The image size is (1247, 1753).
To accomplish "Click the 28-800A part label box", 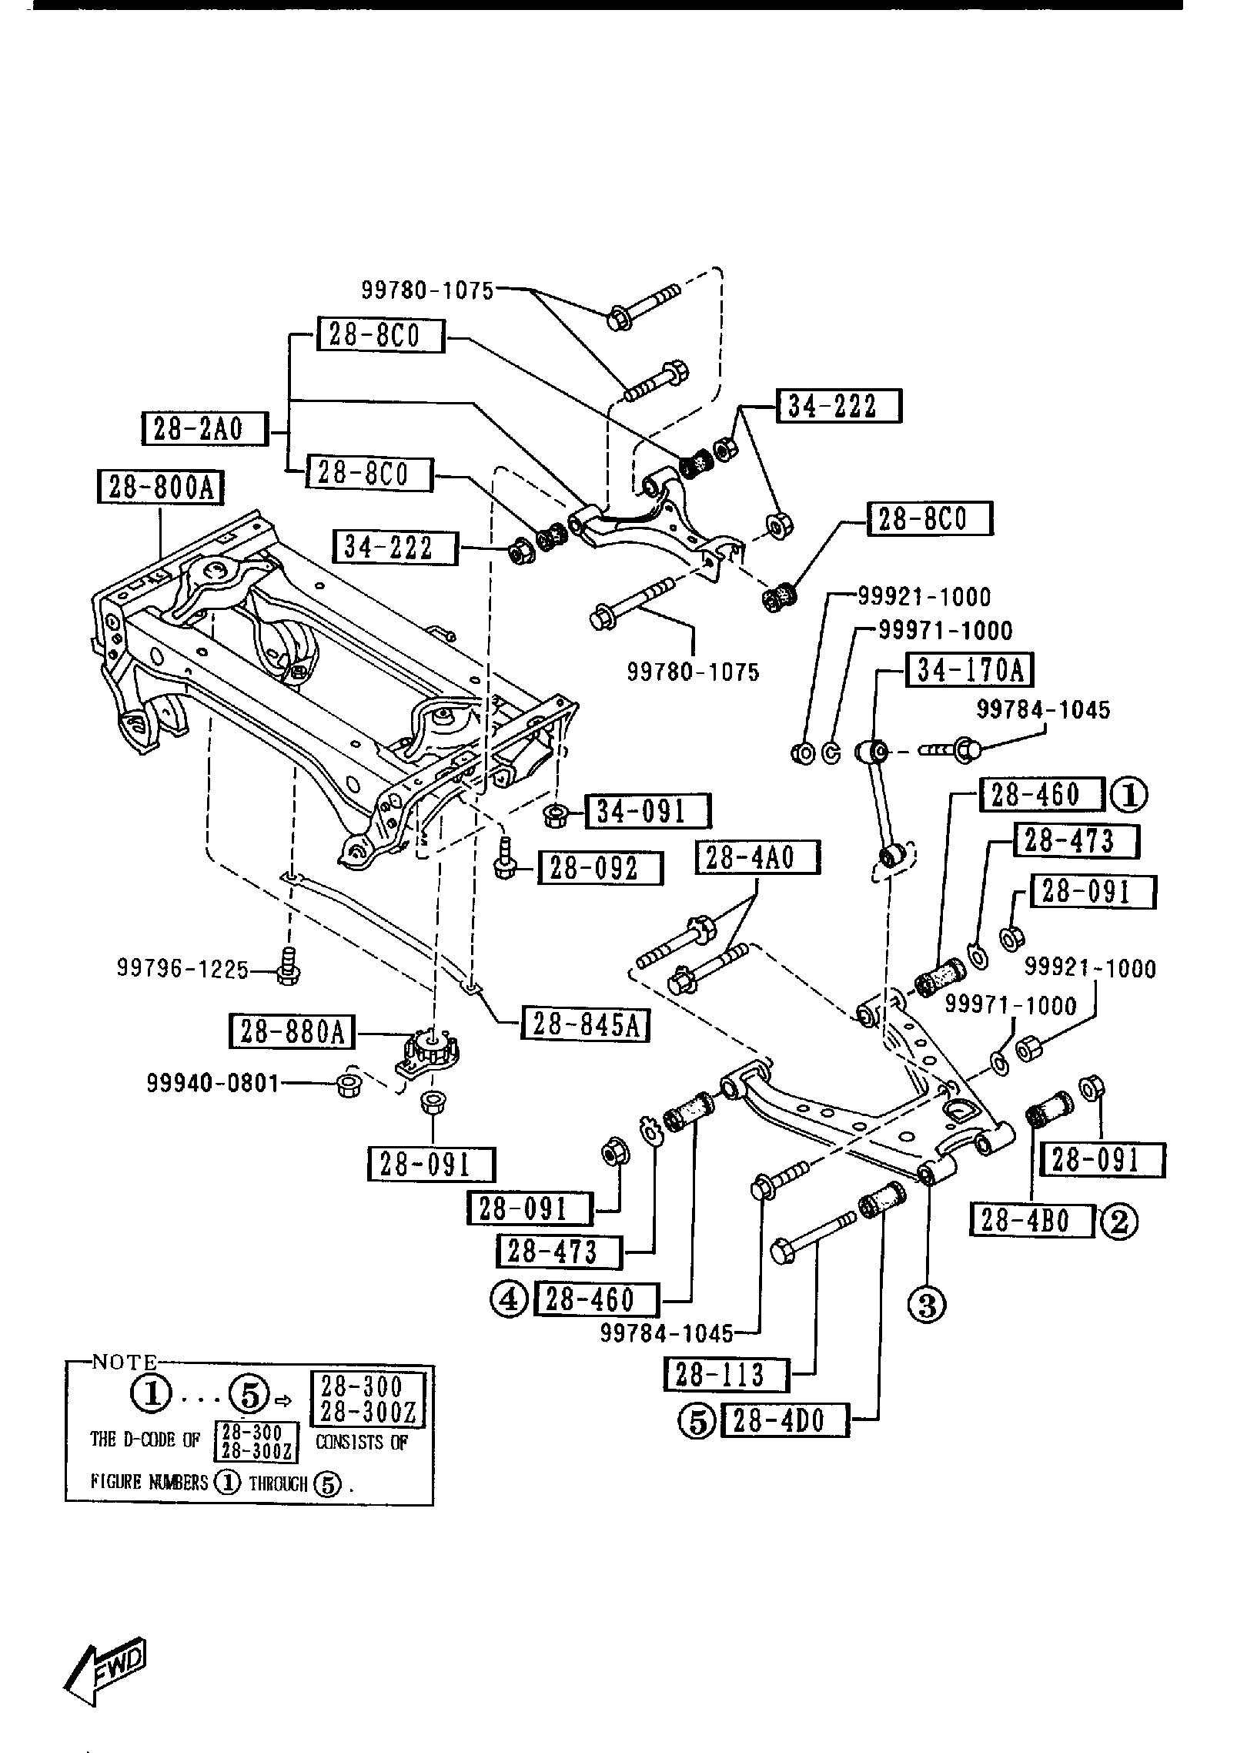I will [x=161, y=488].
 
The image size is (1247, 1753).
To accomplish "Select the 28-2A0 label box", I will [x=205, y=429].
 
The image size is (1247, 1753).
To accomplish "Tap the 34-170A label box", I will [x=971, y=670].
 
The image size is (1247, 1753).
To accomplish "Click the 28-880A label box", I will [x=293, y=1032].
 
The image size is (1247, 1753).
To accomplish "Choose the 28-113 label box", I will [x=726, y=1374].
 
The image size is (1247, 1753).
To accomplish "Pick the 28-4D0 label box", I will [x=784, y=1421].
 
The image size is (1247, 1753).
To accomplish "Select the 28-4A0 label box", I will [x=757, y=857].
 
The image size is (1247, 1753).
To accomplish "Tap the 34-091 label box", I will [x=647, y=812].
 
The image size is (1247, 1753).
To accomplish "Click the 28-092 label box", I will [x=600, y=868].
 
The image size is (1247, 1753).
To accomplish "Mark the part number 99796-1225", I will [x=183, y=968].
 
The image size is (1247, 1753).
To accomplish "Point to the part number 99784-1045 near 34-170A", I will [x=1043, y=709].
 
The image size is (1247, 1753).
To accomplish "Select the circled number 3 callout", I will [x=927, y=1304].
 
